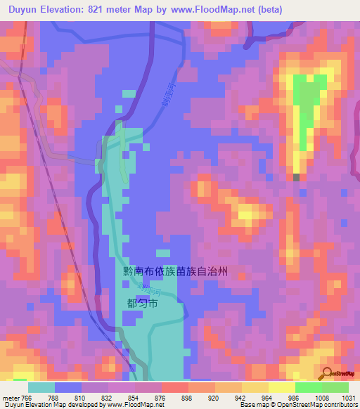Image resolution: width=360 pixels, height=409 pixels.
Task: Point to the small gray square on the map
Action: pyautogui.click(x=296, y=177)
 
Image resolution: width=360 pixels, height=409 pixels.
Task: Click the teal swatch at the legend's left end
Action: pyautogui.click(x=41, y=387)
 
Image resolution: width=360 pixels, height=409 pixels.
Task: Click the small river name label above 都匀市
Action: pyautogui.click(x=143, y=288)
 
